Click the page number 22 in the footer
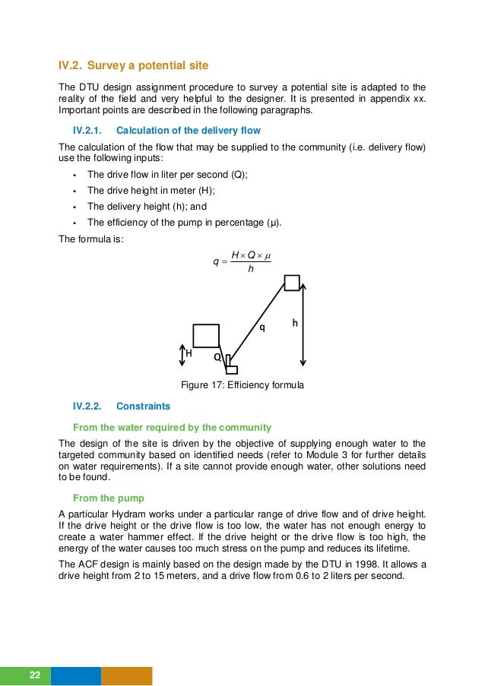click(34, 675)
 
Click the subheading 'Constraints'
click(143, 406)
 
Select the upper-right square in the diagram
click(292, 283)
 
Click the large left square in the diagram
click(206, 335)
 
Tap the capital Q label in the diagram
click(217, 356)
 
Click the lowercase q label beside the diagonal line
click(262, 328)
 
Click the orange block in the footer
click(127, 675)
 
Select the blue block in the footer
click(76, 675)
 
